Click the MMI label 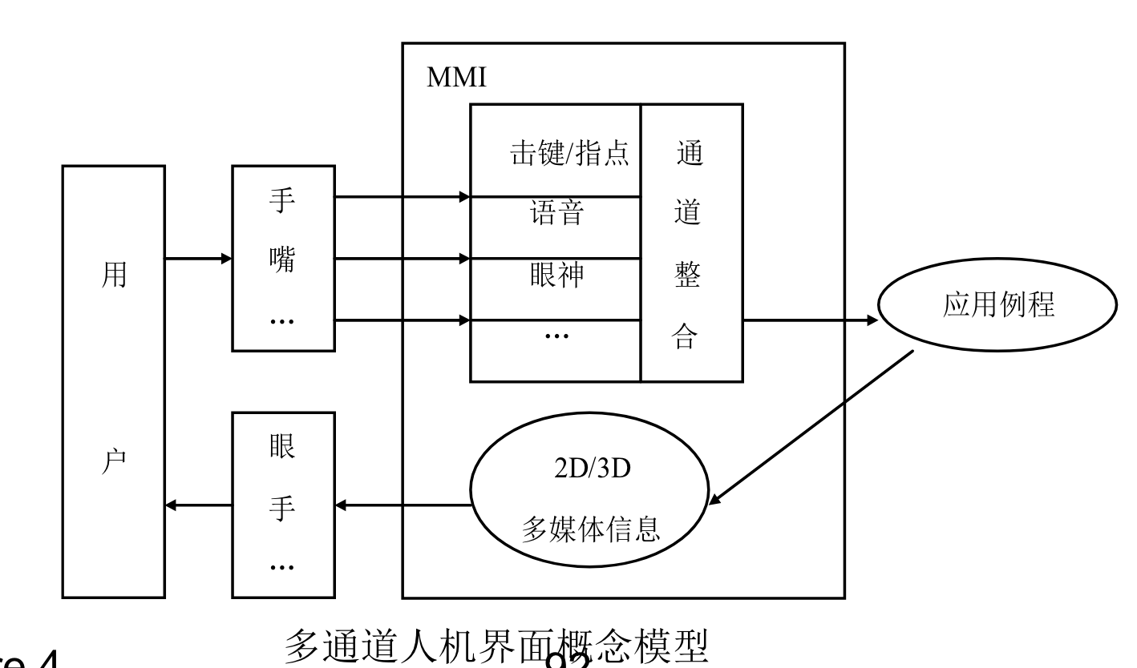456,78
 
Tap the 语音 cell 556,214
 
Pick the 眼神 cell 556,275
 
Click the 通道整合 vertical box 690,244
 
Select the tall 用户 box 113,381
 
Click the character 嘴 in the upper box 282,259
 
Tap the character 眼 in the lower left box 282,446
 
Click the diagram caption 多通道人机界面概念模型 496,646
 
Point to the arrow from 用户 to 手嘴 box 198,259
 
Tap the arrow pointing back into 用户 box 198,505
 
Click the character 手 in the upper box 282,200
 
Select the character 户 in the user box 113,465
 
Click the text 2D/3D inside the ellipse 589,469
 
